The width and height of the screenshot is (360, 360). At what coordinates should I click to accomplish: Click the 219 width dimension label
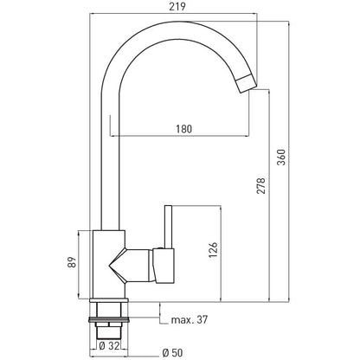pos(177,6)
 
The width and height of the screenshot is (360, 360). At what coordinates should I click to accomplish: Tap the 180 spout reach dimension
pos(184,129)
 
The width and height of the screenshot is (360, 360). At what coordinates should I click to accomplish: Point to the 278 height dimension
pos(260,185)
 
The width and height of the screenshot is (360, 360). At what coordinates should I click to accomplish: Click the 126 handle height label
pos(213,250)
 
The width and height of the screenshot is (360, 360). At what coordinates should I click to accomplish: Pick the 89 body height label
pos(72,262)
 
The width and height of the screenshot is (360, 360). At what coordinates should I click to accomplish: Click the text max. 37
pos(190,319)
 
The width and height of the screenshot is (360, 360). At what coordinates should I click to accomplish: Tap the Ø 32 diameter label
pos(109,346)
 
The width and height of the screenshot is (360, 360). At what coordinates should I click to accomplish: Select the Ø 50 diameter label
pos(172,352)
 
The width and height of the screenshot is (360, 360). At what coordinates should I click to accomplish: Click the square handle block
pos(164,266)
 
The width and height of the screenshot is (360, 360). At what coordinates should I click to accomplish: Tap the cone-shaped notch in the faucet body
pos(118,264)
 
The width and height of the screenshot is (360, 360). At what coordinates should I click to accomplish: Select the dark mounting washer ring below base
pos(108,319)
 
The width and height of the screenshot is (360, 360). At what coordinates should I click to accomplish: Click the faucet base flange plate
pos(109,300)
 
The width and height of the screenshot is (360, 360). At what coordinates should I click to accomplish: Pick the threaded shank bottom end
pos(108,332)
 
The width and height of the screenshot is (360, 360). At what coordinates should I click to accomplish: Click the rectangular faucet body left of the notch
pos(101,264)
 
